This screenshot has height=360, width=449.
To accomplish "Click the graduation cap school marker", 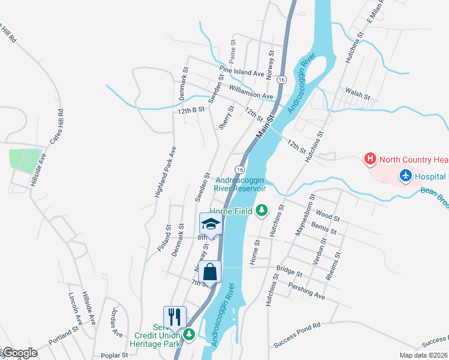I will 211,224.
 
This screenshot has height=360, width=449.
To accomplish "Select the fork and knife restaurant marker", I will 175,316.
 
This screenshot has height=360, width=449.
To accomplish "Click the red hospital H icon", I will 370,160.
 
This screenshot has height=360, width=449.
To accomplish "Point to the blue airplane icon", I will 405,176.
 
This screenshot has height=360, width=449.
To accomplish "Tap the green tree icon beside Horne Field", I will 261,210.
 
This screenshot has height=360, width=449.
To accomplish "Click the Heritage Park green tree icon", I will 190,334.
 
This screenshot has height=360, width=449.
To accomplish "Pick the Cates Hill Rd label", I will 56,127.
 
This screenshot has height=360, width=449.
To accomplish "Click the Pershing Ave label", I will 306,292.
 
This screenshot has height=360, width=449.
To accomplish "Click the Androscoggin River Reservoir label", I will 240,183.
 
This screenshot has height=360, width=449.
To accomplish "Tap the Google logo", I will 19,353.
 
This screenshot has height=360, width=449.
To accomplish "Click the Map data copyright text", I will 424,355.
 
